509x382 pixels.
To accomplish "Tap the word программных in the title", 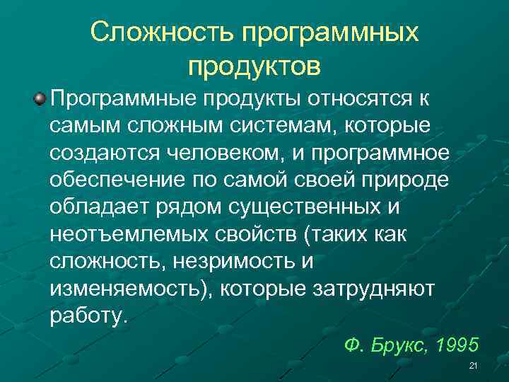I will click(331, 33).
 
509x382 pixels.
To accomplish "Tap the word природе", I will click(406, 181).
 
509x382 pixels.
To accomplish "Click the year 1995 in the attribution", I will click(459, 346).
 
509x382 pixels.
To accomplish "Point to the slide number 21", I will click(474, 366).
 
